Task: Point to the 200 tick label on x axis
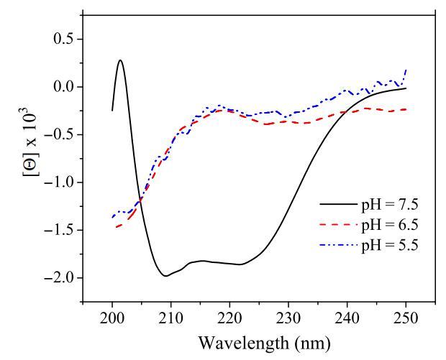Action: pyautogui.click(x=112, y=318)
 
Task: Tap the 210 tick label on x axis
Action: pyautogui.click(x=171, y=318)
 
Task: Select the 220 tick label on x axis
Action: pyautogui.click(x=229, y=318)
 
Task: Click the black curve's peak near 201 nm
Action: pyautogui.click(x=120, y=60)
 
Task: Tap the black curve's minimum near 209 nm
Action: pyautogui.click(x=165, y=275)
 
